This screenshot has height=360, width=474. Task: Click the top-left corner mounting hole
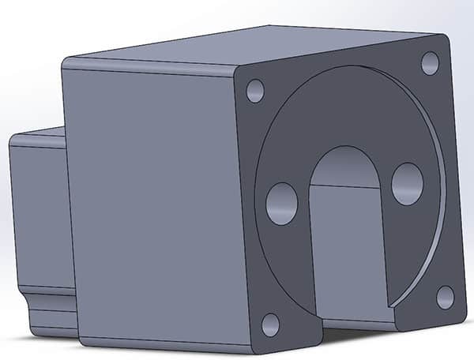(255, 91)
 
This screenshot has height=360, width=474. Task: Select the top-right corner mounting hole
(430, 62)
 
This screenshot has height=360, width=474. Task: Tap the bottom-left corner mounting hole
(270, 324)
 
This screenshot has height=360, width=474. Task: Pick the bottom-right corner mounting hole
(445, 297)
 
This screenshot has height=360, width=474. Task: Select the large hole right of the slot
(408, 183)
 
